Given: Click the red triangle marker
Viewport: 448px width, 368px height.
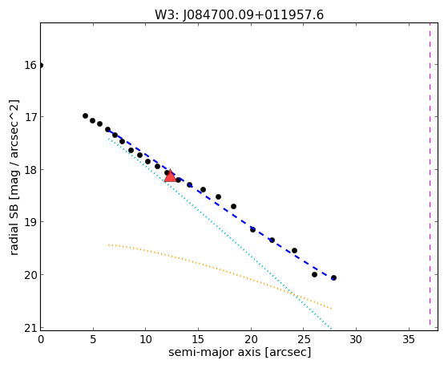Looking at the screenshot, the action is pyautogui.click(x=170, y=176).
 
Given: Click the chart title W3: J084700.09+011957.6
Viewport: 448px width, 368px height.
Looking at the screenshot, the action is pyautogui.click(x=239, y=15).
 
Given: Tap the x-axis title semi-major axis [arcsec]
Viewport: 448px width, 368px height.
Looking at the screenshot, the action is pyautogui.click(x=240, y=352).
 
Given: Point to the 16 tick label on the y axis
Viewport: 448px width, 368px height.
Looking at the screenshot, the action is pyautogui.click(x=30, y=65).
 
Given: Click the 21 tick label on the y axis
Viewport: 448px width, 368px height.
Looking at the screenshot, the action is pyautogui.click(x=30, y=328).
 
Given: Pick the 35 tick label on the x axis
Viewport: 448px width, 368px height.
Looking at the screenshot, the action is pyautogui.click(x=409, y=339).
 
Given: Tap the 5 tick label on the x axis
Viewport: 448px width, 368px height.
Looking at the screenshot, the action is pyautogui.click(x=93, y=339).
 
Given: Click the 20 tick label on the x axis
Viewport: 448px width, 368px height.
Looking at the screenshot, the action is pyautogui.click(x=251, y=339).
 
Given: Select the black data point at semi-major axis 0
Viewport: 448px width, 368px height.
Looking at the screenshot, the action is pyautogui.click(x=41, y=65).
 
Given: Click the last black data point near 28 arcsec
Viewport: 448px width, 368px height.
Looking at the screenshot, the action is pyautogui.click(x=333, y=277).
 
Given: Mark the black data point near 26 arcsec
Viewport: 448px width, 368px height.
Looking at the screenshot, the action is pyautogui.click(x=314, y=274).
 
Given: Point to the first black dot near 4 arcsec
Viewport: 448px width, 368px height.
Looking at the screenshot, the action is pyautogui.click(x=85, y=115).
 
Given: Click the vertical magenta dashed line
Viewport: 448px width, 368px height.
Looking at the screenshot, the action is pyautogui.click(x=430, y=174).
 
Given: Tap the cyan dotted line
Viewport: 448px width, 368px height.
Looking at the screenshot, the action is pyautogui.click(x=220, y=233).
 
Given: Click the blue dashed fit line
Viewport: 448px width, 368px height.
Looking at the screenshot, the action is pyautogui.click(x=220, y=204).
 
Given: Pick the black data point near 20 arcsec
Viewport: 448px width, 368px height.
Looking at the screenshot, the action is pyautogui.click(x=252, y=229).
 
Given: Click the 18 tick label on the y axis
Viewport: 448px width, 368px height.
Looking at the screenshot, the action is pyautogui.click(x=30, y=169).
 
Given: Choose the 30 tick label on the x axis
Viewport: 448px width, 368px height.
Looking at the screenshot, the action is pyautogui.click(x=356, y=339).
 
